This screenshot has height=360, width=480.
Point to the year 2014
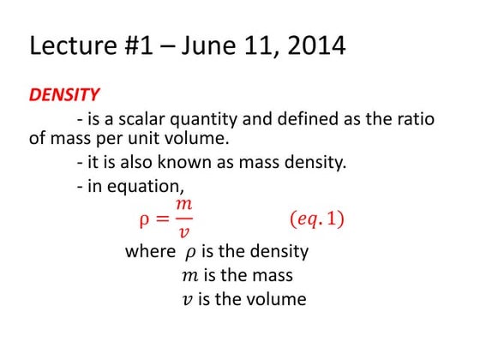click(x=315, y=45)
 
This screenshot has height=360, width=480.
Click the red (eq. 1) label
click(x=313, y=219)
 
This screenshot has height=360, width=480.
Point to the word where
click(x=150, y=252)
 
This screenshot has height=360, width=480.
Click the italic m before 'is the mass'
click(x=189, y=276)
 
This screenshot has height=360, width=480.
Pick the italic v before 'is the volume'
click(x=188, y=300)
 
